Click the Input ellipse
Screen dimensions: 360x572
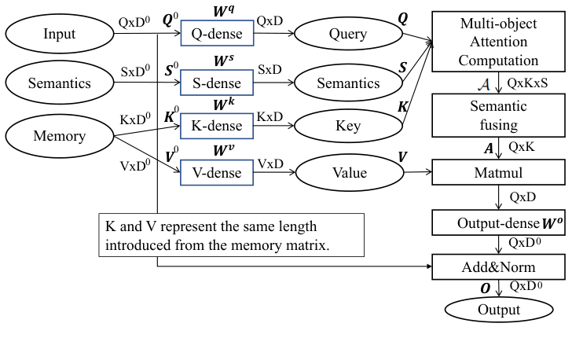(x=60, y=34)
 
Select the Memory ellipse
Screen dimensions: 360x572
(x=60, y=137)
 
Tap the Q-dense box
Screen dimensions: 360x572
(x=217, y=34)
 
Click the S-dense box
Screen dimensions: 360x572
(x=217, y=83)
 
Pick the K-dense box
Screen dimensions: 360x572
(x=217, y=126)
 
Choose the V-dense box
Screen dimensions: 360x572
(x=217, y=172)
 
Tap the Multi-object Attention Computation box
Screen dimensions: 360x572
(x=499, y=40)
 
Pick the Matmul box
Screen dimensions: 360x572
(x=499, y=172)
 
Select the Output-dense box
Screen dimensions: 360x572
(x=499, y=223)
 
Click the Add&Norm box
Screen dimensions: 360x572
(x=499, y=266)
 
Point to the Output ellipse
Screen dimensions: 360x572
(x=499, y=309)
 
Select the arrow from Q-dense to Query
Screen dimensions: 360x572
(x=275, y=34)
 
